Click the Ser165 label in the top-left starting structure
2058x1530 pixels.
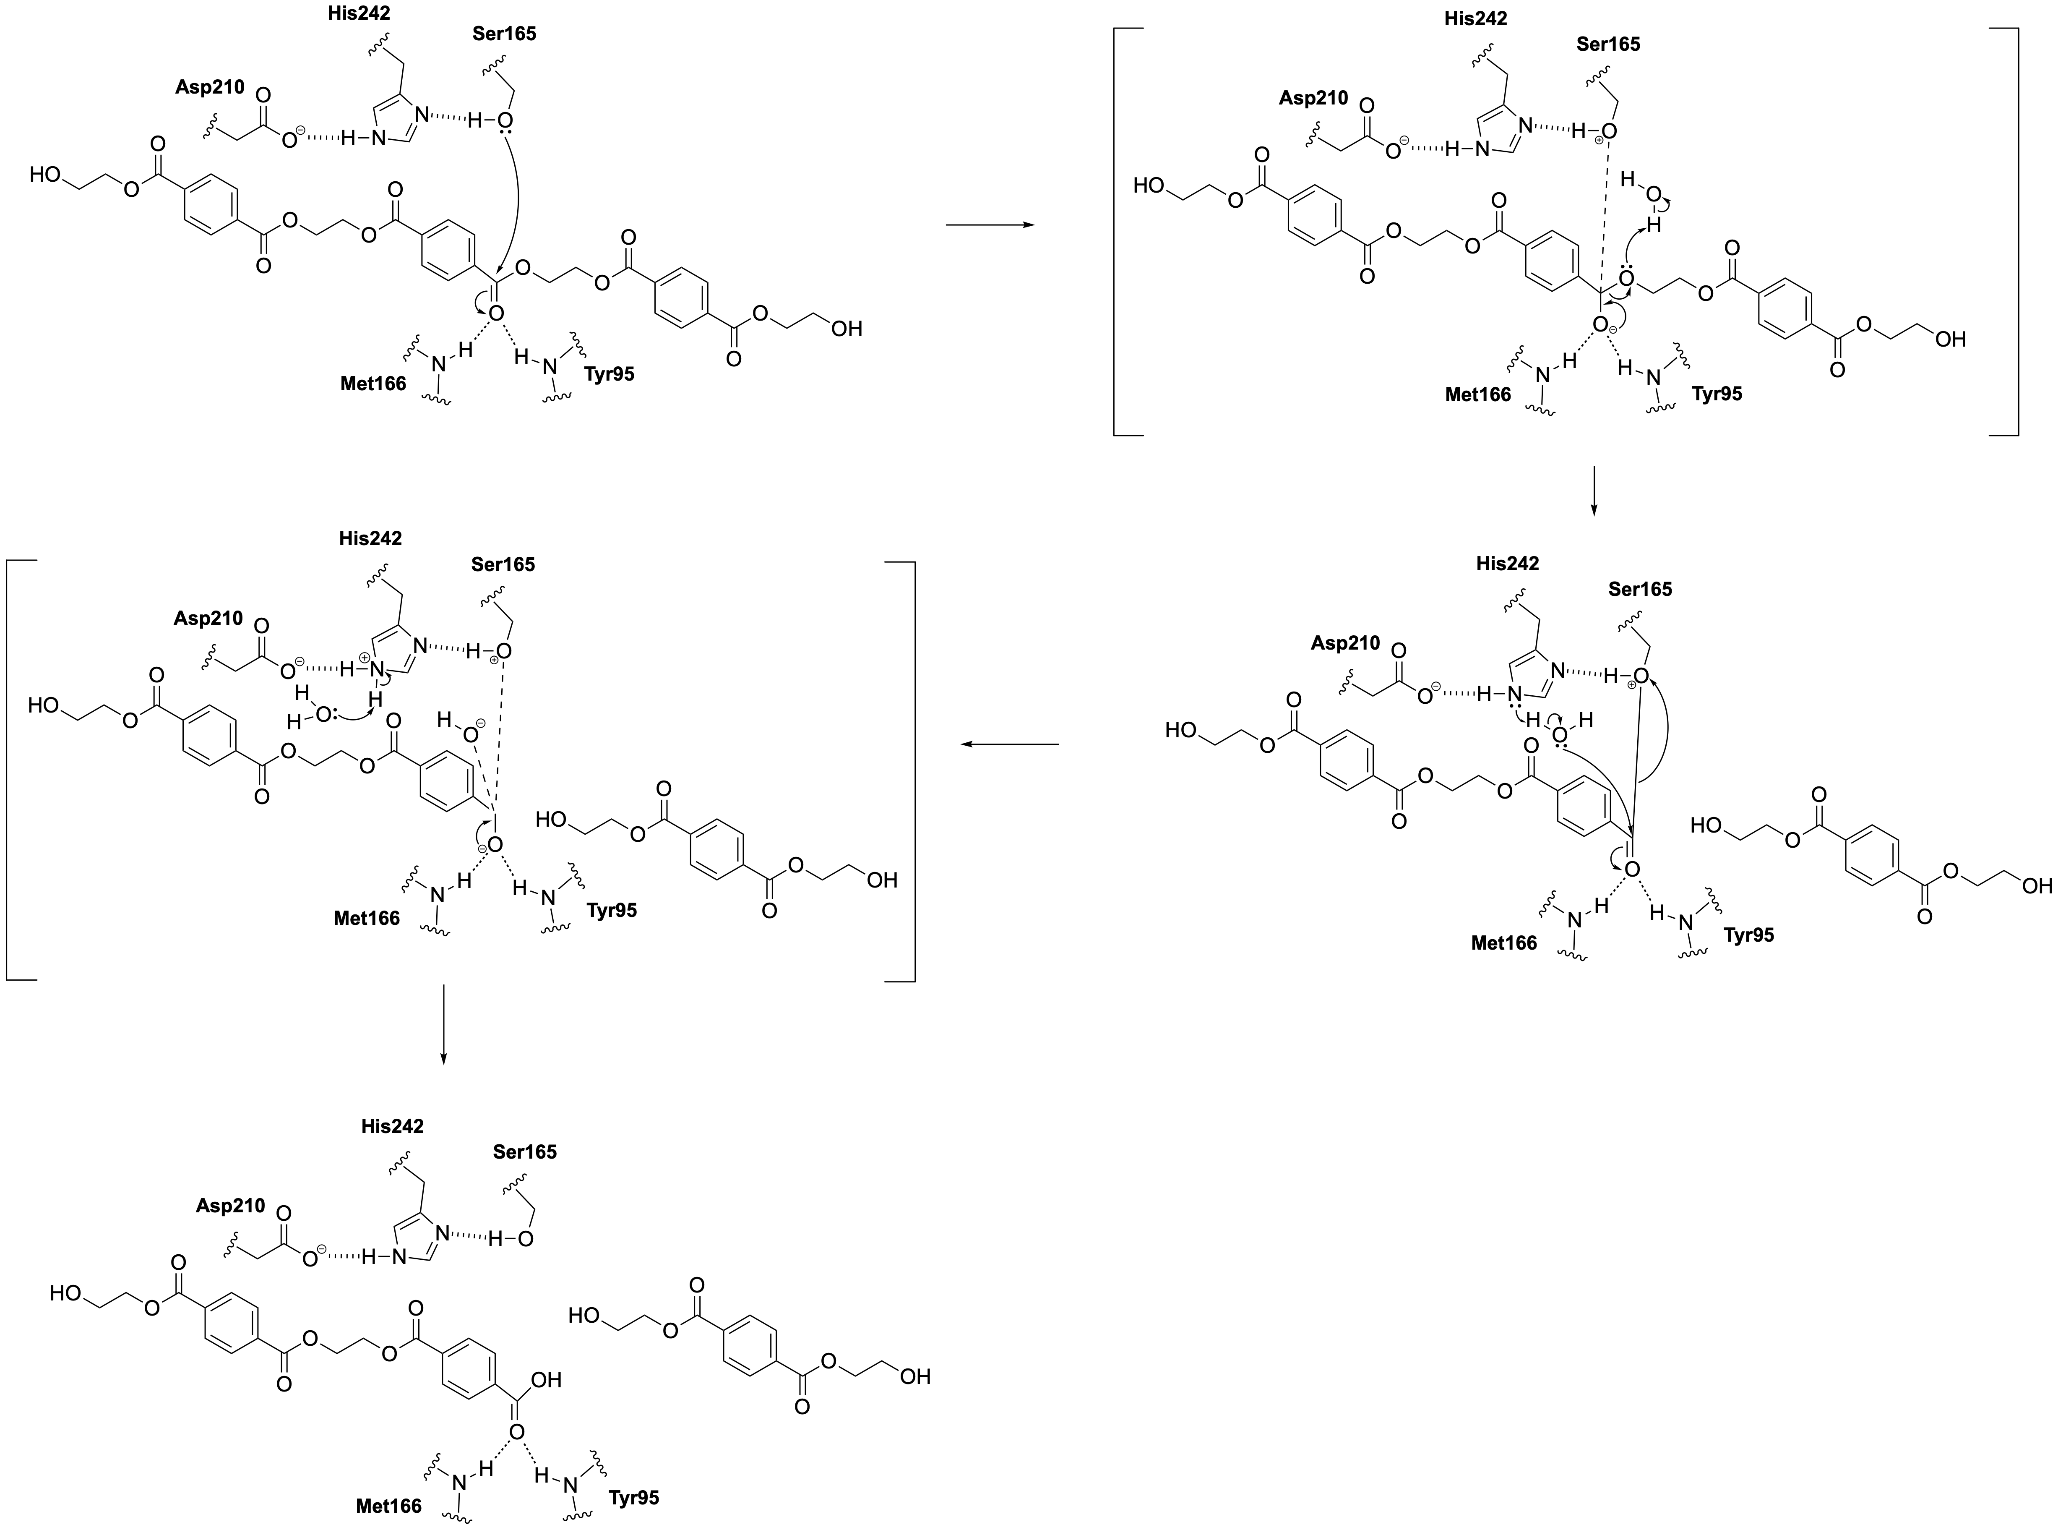(504, 34)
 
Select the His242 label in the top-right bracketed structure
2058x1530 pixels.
(1476, 18)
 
